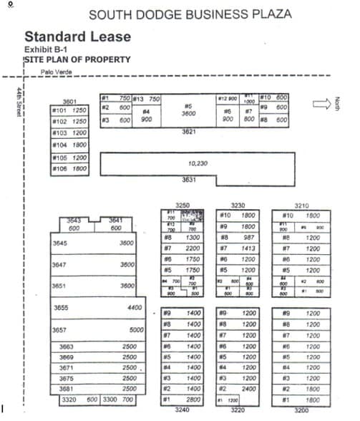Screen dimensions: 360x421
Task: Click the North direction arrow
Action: tap(321, 103)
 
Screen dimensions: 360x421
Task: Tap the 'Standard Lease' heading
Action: tap(77, 37)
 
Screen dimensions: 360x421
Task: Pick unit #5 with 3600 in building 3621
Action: tap(189, 110)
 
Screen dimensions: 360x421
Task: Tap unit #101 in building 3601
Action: tap(69, 111)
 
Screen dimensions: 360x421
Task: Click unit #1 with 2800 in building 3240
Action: tap(183, 399)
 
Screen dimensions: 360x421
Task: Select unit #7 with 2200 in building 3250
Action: tap(183, 248)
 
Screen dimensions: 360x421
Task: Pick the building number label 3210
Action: tap(302, 204)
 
